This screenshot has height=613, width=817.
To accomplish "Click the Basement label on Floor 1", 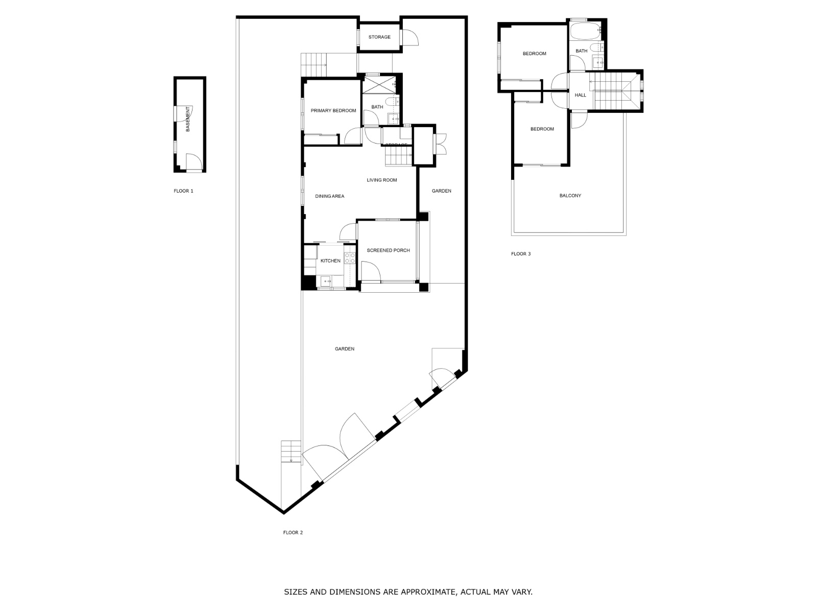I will [188, 119].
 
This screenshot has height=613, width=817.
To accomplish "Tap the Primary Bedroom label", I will [333, 111].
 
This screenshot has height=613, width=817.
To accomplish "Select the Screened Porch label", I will [388, 250].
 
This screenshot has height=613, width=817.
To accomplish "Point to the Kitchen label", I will [330, 261].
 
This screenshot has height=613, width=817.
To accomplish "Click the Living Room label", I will [381, 180].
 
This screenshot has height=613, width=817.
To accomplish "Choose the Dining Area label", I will [329, 196].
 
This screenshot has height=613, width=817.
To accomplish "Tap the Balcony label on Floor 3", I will [570, 196].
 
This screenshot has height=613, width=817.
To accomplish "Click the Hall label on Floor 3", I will [581, 96].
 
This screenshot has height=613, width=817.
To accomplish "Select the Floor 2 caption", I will [293, 532].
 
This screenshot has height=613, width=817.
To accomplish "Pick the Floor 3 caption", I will [521, 254].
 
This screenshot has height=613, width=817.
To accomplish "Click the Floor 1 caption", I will [183, 191].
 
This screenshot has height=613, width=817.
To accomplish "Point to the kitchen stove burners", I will [350, 258].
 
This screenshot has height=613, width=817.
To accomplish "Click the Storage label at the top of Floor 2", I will [379, 37].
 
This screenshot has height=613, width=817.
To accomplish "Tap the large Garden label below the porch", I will [345, 349].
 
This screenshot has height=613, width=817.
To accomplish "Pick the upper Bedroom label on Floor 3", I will [534, 54].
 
